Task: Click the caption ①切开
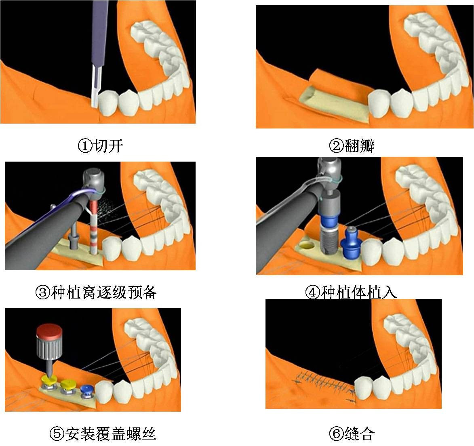click(x=100, y=146)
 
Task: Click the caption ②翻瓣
click(x=352, y=146)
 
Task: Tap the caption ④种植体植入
click(x=351, y=292)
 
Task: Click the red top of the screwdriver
click(x=49, y=331)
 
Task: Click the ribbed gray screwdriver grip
click(x=48, y=347)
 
